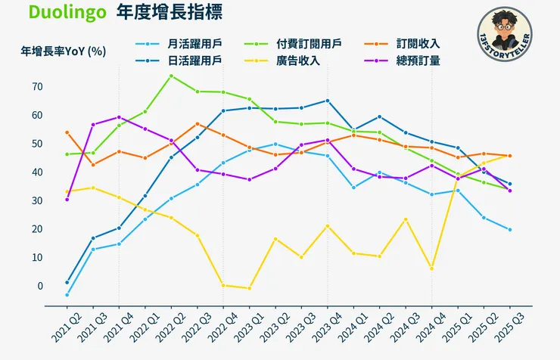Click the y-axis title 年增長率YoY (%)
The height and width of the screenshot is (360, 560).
63,51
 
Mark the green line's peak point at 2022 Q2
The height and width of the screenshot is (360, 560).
171,76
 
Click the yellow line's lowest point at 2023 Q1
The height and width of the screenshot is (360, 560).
249,288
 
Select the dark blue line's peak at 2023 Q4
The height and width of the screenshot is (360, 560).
327,101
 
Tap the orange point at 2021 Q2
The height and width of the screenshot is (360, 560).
67,132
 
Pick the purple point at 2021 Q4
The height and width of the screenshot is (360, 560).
119,117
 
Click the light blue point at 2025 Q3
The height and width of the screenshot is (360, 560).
509,230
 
